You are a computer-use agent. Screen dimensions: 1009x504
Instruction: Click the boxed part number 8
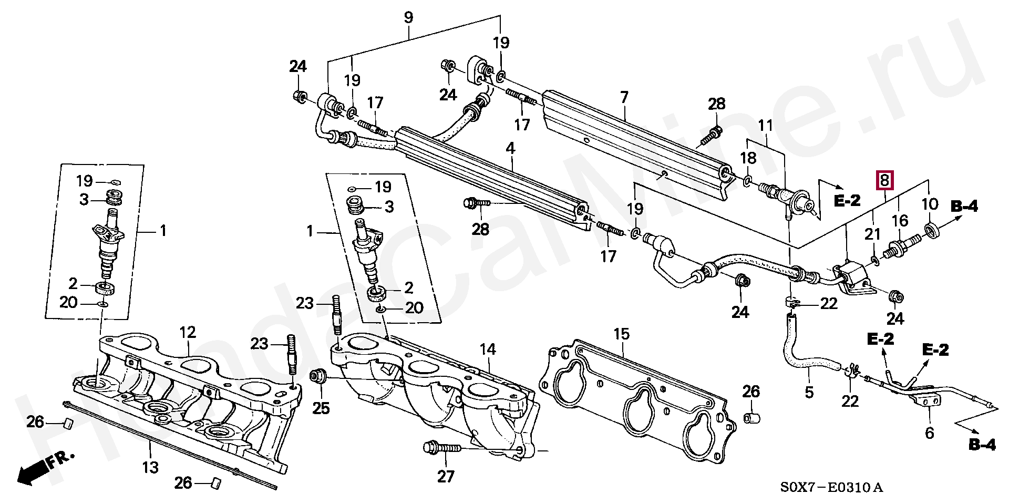[x=884, y=180]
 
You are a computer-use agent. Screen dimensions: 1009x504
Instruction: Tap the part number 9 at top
[x=409, y=17]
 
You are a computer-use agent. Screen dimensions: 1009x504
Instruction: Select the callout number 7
[x=624, y=97]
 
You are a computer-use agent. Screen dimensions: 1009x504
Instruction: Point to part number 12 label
[x=188, y=332]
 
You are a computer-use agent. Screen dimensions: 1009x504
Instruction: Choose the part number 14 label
[x=488, y=349]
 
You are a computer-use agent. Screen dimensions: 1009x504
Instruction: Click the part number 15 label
[x=621, y=334]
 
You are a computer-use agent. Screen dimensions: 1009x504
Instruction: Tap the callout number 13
[x=150, y=467]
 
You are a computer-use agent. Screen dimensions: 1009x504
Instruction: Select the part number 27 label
[x=446, y=476]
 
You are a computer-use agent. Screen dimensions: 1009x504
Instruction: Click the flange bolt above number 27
[x=442, y=448]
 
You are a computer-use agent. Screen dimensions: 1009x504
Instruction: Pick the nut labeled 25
[x=318, y=376]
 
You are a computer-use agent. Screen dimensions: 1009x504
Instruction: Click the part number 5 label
[x=809, y=392]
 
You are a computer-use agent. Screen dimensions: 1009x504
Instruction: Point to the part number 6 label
[x=929, y=433]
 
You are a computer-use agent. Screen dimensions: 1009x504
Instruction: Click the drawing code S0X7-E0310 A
[x=831, y=488]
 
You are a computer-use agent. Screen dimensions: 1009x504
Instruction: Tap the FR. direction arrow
[x=44, y=469]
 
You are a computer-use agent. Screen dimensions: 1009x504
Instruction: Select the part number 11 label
[x=766, y=126]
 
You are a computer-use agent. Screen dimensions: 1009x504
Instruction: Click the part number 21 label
[x=872, y=233]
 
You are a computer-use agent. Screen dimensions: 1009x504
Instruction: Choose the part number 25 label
[x=321, y=408]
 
